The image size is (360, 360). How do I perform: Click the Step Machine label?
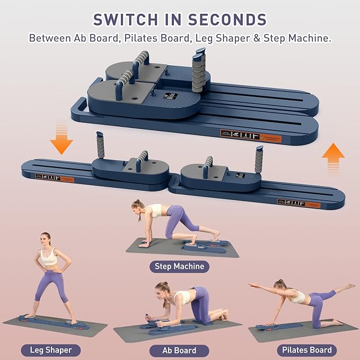179,266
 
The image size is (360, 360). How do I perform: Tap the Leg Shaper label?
51,350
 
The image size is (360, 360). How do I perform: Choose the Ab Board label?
179,350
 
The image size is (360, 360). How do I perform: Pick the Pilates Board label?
307,350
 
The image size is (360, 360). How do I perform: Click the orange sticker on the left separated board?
55,178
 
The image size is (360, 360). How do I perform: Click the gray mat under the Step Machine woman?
159,248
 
